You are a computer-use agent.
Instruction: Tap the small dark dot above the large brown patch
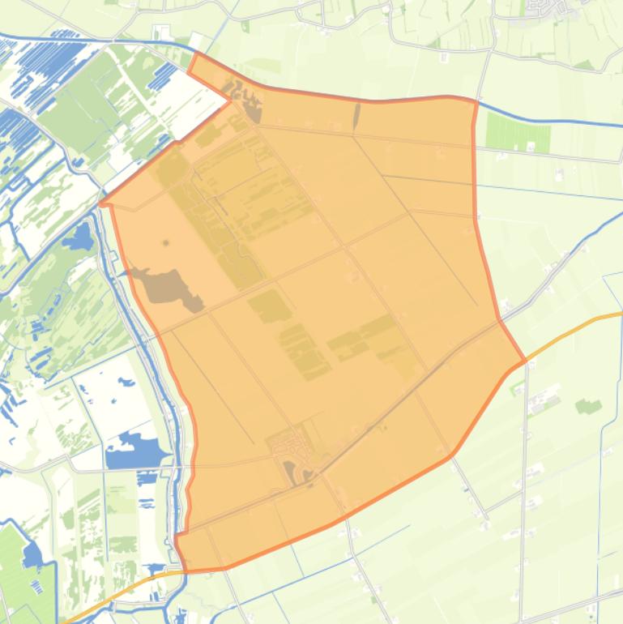click(166, 242)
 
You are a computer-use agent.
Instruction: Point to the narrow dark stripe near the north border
click(356, 116)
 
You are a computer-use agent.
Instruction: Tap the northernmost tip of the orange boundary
click(195, 53)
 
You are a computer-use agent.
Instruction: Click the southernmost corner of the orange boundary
click(186, 570)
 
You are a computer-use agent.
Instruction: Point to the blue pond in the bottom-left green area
click(32, 555)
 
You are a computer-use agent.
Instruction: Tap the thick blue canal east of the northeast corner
click(551, 122)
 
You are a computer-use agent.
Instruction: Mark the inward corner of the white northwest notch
click(230, 100)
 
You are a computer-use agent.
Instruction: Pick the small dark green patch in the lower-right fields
click(589, 405)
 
